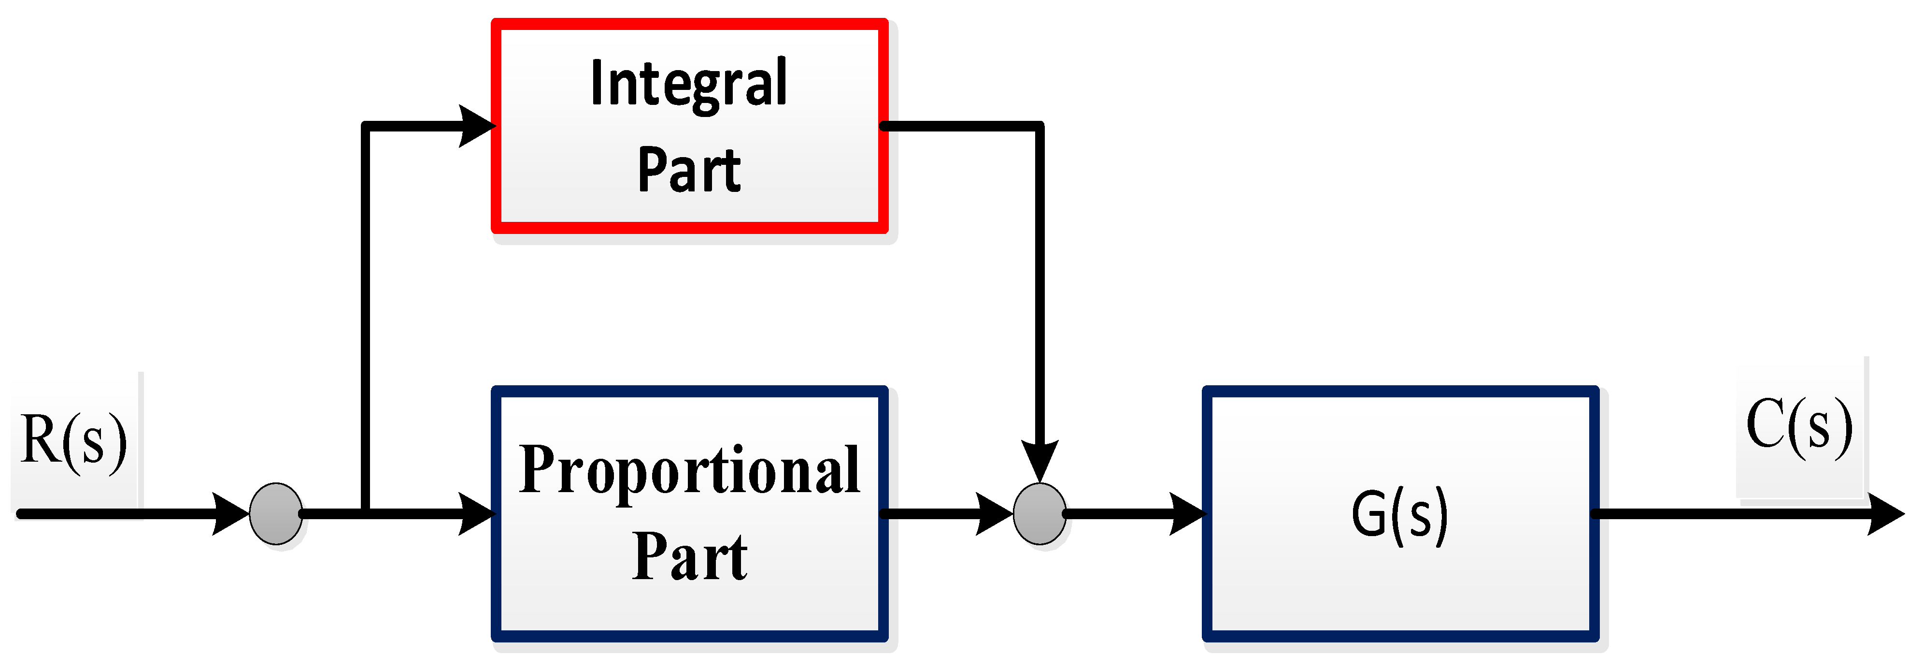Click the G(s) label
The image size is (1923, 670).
point(1400,515)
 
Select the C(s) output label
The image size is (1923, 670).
point(1799,426)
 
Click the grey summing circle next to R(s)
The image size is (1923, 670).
point(275,514)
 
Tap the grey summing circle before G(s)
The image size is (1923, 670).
point(1039,514)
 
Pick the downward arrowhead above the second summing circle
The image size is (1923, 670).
point(1039,459)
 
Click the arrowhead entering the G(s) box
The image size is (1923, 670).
point(1186,514)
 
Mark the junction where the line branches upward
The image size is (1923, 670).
point(365,514)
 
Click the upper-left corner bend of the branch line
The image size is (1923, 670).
point(365,126)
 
